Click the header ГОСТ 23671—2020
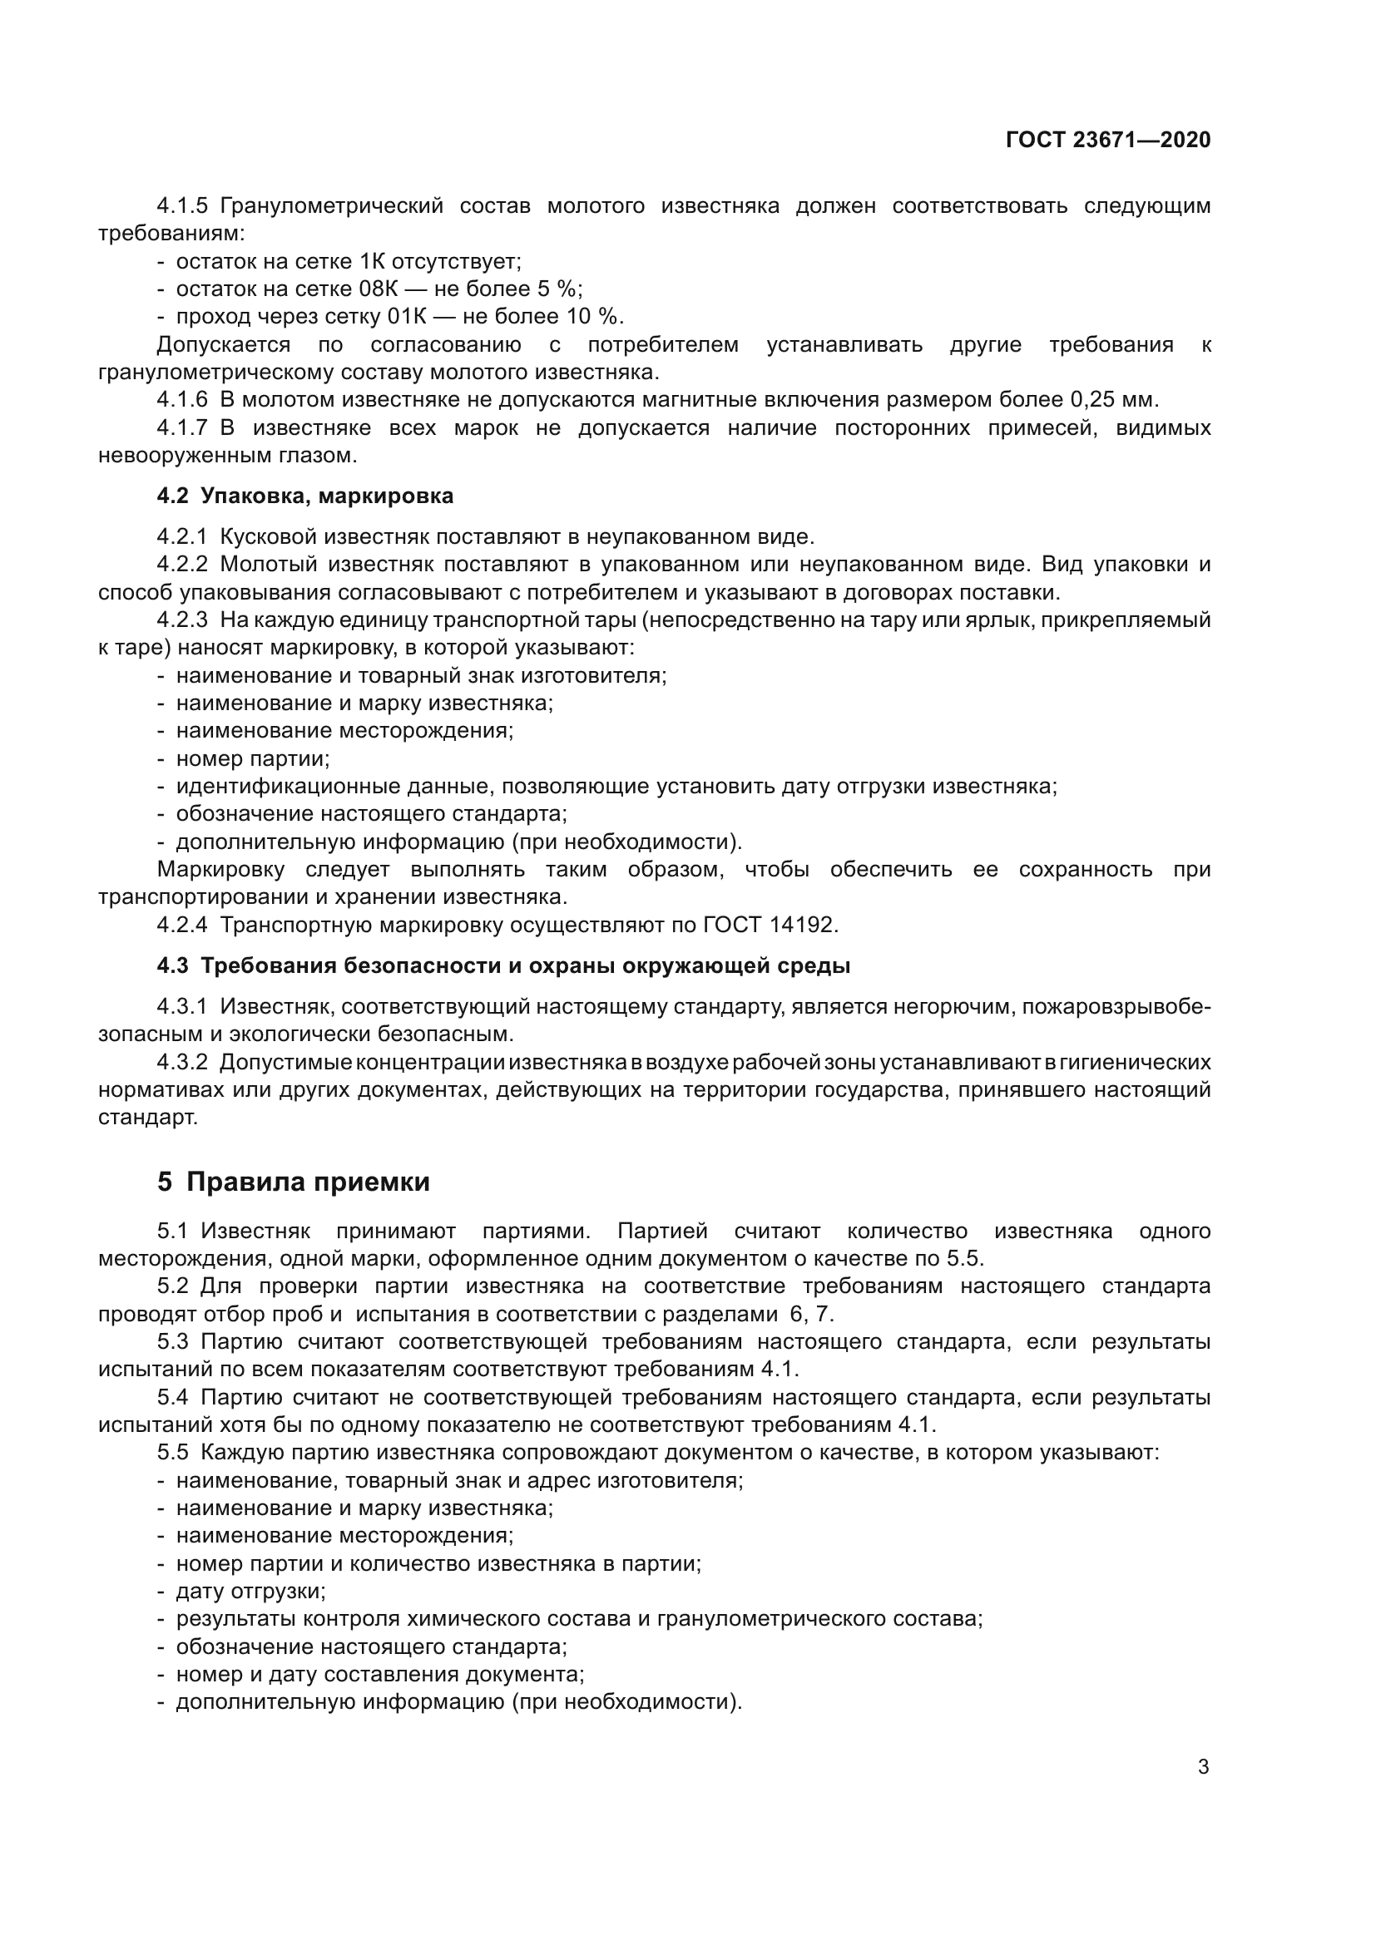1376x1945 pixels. tap(1107, 140)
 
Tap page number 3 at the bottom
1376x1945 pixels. tap(1203, 1767)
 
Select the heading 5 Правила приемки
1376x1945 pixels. tap(293, 1182)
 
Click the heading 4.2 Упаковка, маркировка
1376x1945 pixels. tap(305, 496)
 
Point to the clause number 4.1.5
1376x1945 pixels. tap(182, 206)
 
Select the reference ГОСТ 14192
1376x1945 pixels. tap(770, 925)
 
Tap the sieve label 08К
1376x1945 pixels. tap(379, 289)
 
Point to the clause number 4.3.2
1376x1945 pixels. tap(182, 1062)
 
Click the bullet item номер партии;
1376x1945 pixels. tap(253, 758)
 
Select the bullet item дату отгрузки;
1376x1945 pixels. tap(250, 1591)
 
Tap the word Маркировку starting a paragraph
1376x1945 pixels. tap(221, 870)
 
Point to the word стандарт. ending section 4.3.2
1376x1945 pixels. tap(148, 1118)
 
